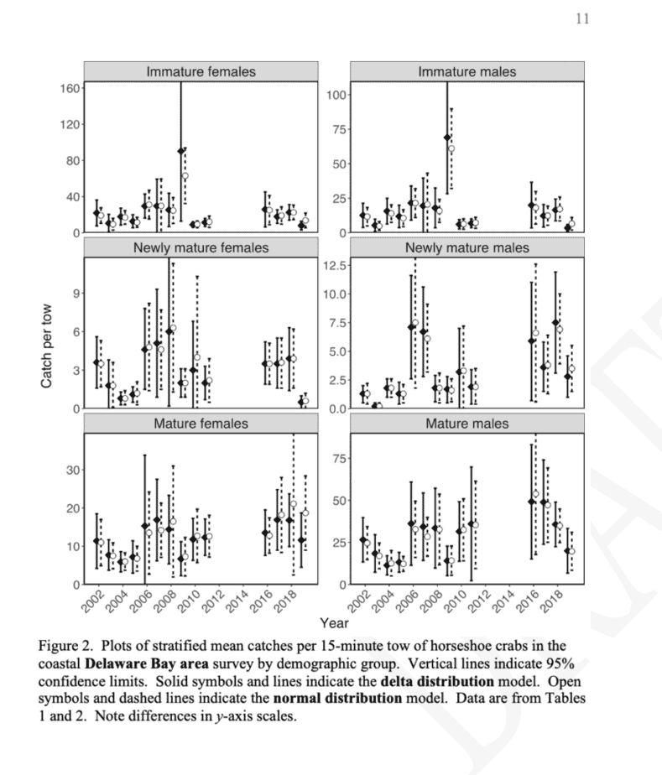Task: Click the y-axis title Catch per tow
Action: click(48, 334)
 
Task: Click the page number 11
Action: click(582, 18)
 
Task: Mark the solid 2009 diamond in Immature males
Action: click(447, 138)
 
